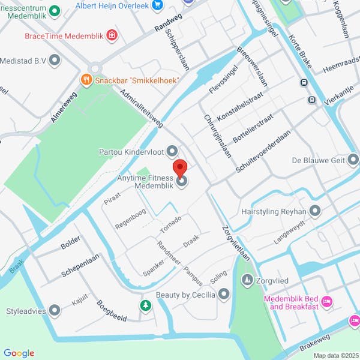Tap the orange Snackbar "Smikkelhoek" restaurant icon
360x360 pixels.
86,79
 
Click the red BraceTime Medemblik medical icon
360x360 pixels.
112,36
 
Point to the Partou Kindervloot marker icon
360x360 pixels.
172,151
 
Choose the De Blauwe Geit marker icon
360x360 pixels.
353,160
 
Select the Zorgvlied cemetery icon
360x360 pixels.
247,280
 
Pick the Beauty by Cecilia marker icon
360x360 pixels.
224,294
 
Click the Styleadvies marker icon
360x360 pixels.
55,310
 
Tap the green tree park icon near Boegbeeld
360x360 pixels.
145,306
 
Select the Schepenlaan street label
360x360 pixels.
80,265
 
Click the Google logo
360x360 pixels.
19,353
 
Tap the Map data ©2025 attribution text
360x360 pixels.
334,355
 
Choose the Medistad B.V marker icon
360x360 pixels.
55,60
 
